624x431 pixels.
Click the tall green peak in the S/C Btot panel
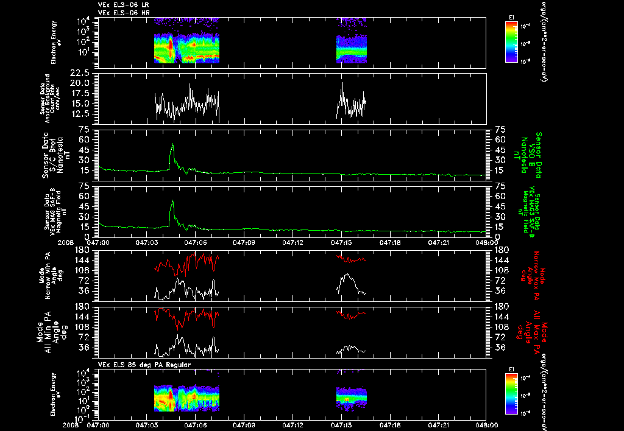pyautogui.click(x=172, y=146)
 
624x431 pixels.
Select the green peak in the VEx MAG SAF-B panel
pyautogui.click(x=172, y=203)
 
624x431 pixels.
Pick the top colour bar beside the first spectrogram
pyautogui.click(x=511, y=41)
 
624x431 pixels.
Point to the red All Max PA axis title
pyautogui.click(x=530, y=332)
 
